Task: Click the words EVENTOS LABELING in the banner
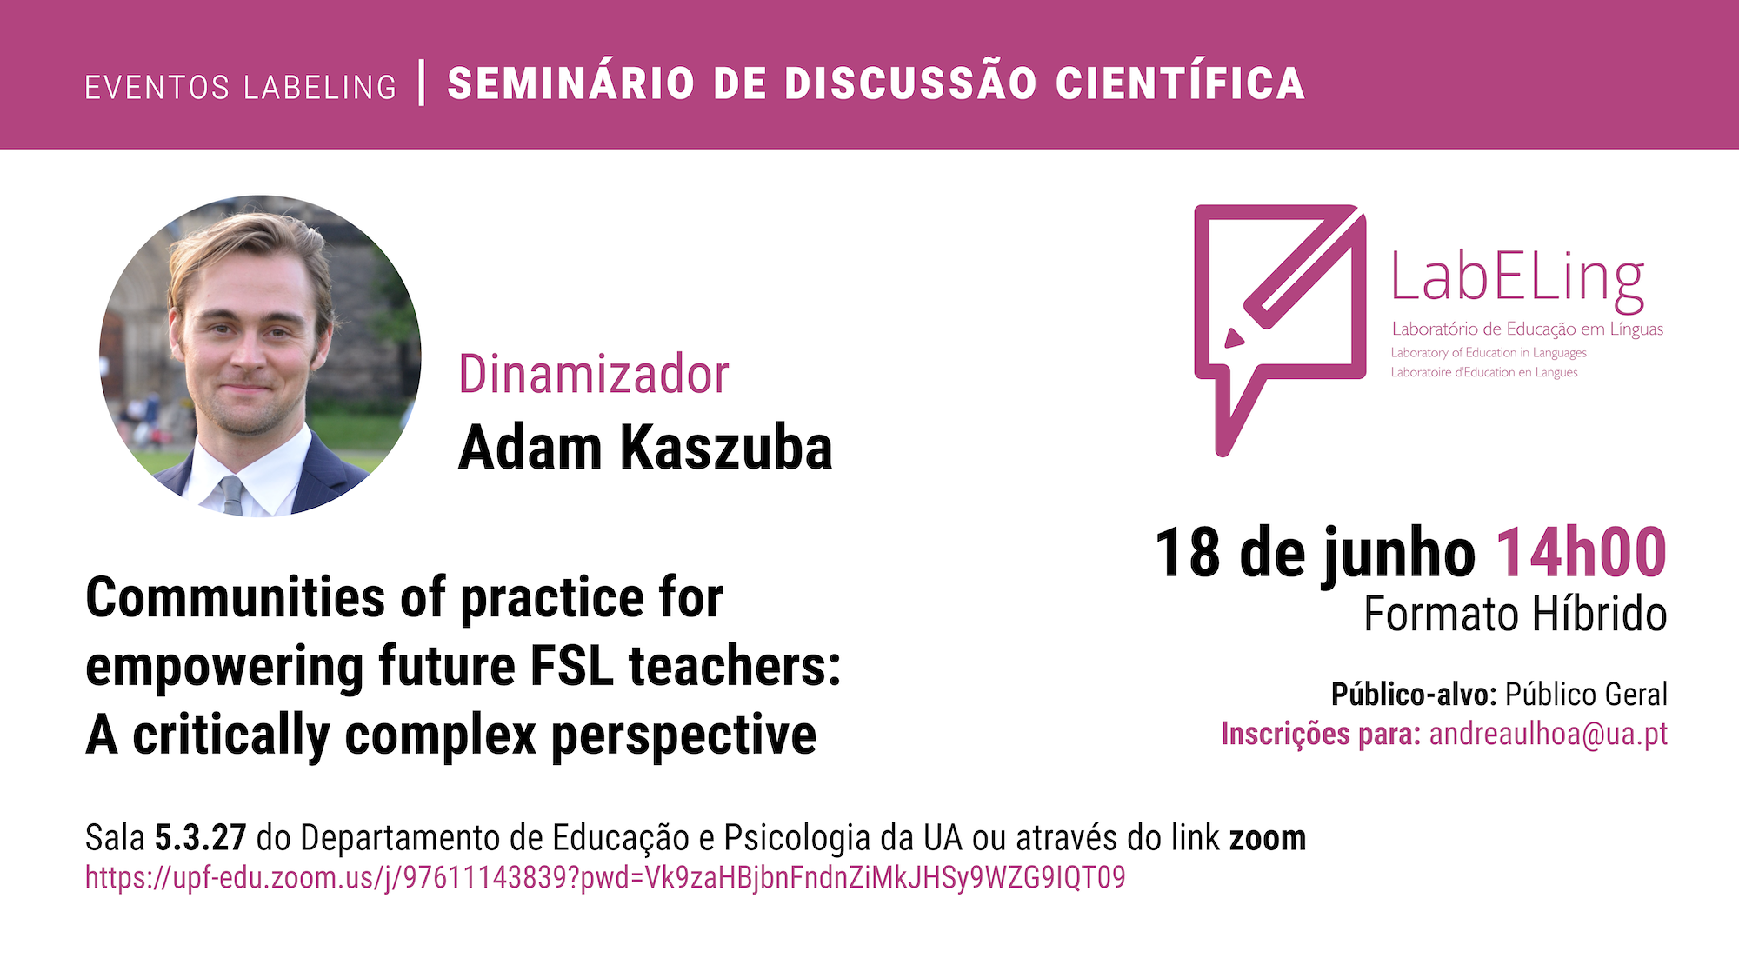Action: point(241,87)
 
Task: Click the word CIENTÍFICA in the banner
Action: point(1180,83)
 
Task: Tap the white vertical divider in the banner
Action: point(422,83)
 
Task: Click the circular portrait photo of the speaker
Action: point(260,356)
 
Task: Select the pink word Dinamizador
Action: point(593,374)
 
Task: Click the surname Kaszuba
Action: point(726,448)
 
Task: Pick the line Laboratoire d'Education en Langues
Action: point(1484,372)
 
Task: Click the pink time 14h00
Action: point(1581,552)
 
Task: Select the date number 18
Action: point(1188,552)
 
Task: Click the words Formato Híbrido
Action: point(1516,614)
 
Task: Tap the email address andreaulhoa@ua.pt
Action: point(1549,734)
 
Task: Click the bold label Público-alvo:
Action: point(1414,694)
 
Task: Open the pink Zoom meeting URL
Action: point(605,877)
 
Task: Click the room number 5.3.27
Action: point(201,838)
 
